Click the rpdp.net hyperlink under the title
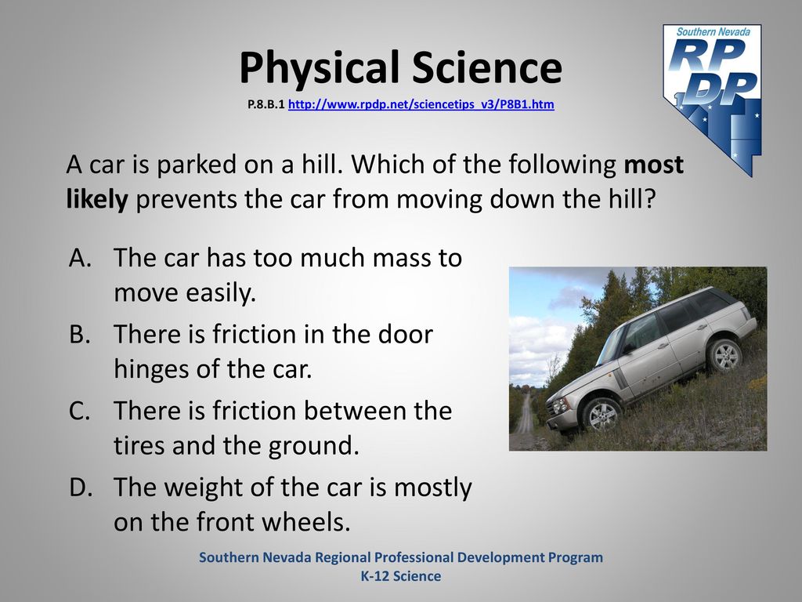coord(421,104)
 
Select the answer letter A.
coord(81,257)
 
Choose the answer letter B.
coord(80,334)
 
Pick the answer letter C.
coord(80,411)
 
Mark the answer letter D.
coord(81,487)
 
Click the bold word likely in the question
coord(96,198)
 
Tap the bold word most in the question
coord(654,165)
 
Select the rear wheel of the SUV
coord(724,354)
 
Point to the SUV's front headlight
coord(561,405)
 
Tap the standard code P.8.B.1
coord(266,105)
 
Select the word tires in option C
coord(139,445)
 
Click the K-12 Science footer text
coord(401,576)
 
